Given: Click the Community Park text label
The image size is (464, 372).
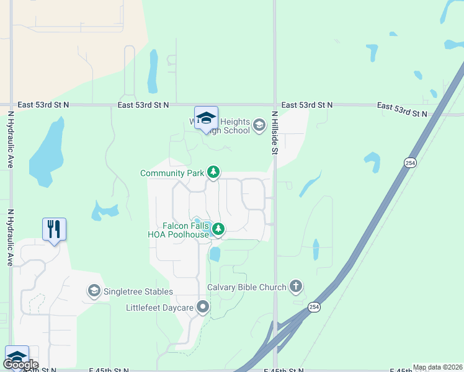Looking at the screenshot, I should [x=172, y=173].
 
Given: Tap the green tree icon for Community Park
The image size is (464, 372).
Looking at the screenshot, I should [x=213, y=172].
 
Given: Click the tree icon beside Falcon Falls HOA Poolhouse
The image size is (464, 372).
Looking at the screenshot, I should [x=218, y=230].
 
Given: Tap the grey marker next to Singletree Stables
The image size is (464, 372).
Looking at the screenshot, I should [x=94, y=291].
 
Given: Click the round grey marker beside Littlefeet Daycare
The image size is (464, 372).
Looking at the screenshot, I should [x=203, y=307].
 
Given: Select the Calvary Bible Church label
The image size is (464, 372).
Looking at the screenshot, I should [x=247, y=287].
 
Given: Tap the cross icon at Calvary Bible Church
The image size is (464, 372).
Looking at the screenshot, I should [x=296, y=286].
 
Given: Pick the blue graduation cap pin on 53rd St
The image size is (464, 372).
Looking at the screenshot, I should [x=206, y=118].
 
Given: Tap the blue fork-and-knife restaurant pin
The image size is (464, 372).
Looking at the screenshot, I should [x=55, y=229].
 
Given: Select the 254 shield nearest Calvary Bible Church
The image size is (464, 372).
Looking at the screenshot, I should [x=315, y=307].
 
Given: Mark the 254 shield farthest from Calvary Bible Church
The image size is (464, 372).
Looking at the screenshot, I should [x=409, y=162].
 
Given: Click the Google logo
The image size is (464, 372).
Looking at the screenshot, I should [x=21, y=365].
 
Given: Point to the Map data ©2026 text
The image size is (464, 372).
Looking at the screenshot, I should [x=437, y=367].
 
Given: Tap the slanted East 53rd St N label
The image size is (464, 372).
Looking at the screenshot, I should [x=401, y=110].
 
